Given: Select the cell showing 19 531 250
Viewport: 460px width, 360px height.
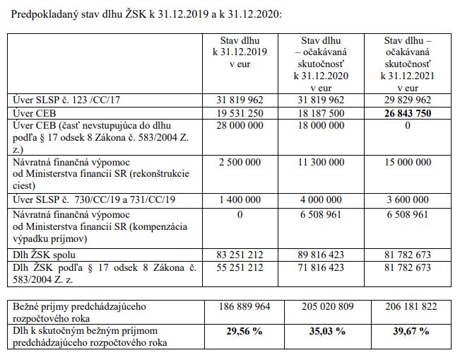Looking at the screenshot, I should (237, 112).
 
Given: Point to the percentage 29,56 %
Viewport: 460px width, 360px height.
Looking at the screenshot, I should (237, 330).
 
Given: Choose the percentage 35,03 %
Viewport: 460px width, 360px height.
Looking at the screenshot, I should (322, 330).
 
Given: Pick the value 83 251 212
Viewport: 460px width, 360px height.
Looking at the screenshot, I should (237, 252).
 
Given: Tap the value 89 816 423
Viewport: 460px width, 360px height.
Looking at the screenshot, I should (322, 252).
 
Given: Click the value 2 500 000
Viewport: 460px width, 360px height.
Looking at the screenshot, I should (237, 161).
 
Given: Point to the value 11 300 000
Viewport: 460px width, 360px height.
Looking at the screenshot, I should (322, 161).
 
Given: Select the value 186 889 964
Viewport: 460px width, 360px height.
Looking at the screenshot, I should (237, 307).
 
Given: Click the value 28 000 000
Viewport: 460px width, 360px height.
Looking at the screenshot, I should (237, 125).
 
